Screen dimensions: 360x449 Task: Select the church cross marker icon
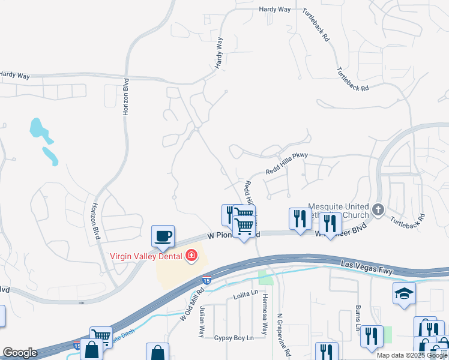pos(378,209)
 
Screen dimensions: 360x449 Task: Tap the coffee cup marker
pos(163,236)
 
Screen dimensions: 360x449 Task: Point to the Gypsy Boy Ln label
pos(234,338)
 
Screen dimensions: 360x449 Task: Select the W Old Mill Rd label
pos(192,305)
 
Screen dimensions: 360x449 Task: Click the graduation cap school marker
pos(404,293)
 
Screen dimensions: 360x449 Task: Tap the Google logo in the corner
pos(20,352)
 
